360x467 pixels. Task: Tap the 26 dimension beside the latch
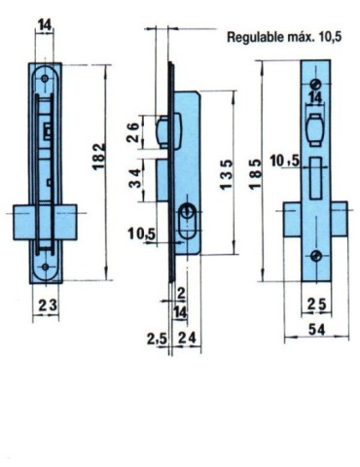coord(133,131)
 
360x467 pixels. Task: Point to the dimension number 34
coord(133,177)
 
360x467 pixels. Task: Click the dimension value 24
coord(191,338)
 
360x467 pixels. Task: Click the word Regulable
coord(255,39)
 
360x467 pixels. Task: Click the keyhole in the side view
coord(186,215)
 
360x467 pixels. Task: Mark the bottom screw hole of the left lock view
coord(45,265)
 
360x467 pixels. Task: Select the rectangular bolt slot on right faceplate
coord(316,175)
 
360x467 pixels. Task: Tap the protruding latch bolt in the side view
coord(164,129)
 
